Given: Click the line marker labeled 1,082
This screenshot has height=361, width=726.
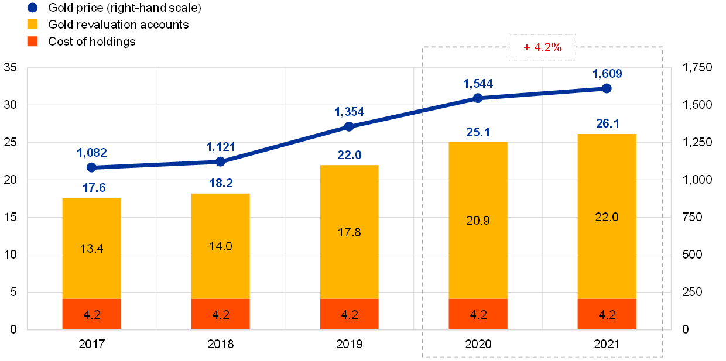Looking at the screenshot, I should [91, 167].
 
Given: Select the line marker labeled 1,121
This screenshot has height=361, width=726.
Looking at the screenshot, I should [220, 161].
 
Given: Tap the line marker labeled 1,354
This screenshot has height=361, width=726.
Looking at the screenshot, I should [349, 126].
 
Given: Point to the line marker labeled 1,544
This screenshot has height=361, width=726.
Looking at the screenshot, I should [478, 98].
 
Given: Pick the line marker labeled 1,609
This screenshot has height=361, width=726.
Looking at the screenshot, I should [607, 88].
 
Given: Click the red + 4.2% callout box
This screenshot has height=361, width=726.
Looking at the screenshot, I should [542, 47].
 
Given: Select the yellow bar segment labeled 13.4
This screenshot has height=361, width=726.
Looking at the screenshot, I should [91, 248].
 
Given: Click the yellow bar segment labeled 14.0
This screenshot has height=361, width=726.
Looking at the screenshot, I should [220, 246].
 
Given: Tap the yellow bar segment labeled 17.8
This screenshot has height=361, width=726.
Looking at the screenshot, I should [349, 232].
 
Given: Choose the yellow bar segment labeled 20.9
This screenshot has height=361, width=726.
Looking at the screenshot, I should [478, 220].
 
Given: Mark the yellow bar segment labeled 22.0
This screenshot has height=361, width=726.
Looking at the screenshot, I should [607, 216].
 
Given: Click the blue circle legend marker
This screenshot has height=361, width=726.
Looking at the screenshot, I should [33, 8].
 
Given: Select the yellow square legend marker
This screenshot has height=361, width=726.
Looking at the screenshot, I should [33, 25].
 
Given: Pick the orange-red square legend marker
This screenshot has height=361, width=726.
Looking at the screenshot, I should [33, 42].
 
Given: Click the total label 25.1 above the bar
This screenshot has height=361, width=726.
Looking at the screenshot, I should [478, 132].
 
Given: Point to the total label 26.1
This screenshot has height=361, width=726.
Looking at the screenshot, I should [607, 123].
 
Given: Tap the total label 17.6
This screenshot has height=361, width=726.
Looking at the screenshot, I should [91, 188].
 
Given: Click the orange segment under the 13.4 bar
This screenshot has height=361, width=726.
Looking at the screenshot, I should [91, 314].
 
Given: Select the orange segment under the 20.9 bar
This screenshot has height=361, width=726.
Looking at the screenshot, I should [478, 314].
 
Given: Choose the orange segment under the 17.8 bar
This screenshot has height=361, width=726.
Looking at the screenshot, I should [349, 314].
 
